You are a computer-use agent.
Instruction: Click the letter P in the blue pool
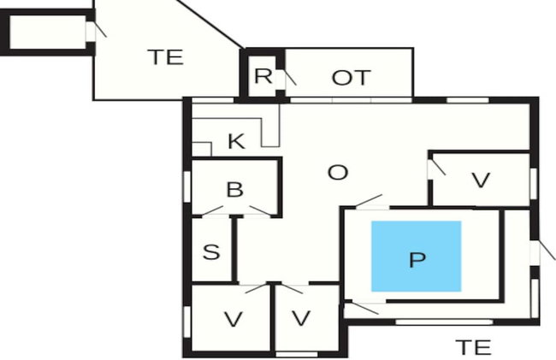click(x=417, y=260)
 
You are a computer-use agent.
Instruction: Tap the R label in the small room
click(x=263, y=75)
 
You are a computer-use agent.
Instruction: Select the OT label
click(x=351, y=78)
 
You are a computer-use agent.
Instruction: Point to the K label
click(x=236, y=141)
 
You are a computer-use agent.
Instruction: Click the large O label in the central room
click(x=338, y=173)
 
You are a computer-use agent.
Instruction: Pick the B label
click(x=234, y=189)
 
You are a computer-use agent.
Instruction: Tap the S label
click(x=211, y=252)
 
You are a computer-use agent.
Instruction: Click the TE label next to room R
click(x=166, y=57)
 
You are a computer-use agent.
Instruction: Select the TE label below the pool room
click(x=473, y=347)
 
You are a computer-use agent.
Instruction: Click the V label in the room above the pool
click(x=482, y=180)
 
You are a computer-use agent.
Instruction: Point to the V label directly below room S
click(x=234, y=319)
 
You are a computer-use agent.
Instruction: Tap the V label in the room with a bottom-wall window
click(x=301, y=318)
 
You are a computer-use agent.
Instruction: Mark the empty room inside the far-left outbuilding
click(x=48, y=32)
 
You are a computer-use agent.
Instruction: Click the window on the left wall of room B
click(x=187, y=187)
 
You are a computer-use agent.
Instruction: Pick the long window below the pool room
click(x=444, y=322)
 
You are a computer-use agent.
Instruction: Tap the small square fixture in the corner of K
click(x=202, y=149)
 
